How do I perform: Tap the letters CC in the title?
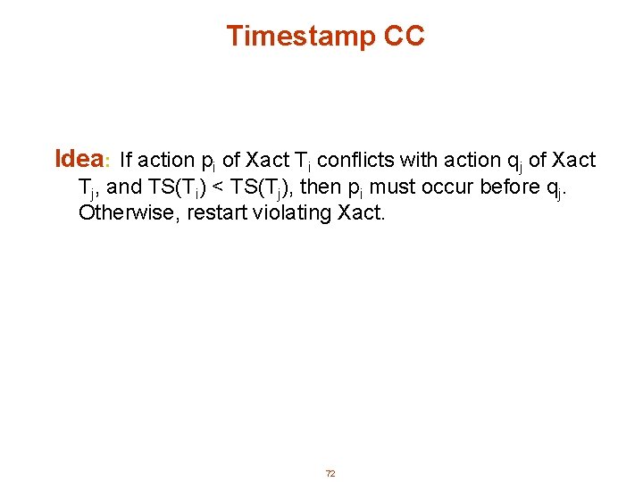[405, 37]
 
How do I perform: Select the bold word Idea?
[78, 159]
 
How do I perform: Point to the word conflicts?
[355, 161]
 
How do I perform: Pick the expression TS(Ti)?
[180, 188]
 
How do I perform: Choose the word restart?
[215, 214]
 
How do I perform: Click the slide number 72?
[330, 473]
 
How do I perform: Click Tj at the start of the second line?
[87, 188]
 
